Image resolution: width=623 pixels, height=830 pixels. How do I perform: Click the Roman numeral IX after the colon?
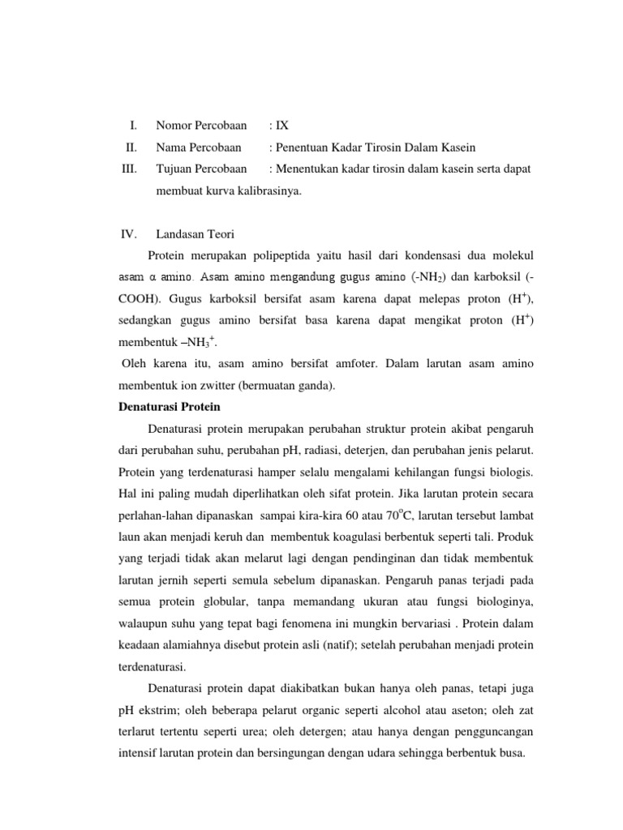pyautogui.click(x=281, y=126)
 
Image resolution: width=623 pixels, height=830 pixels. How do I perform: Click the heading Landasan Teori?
pyautogui.click(x=192, y=233)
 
